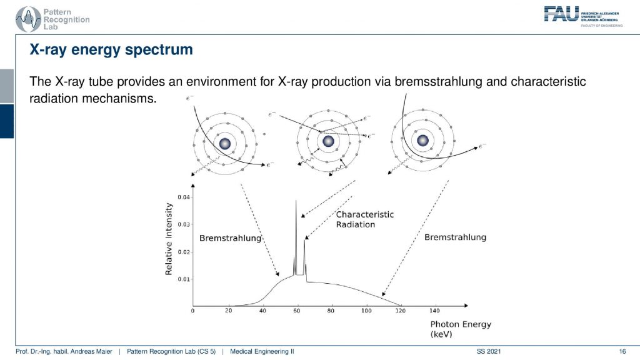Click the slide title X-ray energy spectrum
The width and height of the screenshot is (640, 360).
[x=111, y=50]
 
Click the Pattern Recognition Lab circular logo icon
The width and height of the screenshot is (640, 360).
[x=28, y=19]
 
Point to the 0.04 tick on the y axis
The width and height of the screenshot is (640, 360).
[x=192, y=197]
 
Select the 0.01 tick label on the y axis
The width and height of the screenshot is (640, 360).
[x=184, y=279]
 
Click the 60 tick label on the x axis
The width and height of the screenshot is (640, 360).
[x=297, y=311]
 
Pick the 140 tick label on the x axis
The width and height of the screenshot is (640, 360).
[x=435, y=311]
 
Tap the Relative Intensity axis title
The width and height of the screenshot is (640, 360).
[x=169, y=239]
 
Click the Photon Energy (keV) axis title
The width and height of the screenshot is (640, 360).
[x=461, y=329]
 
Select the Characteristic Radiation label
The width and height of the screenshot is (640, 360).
[x=364, y=219]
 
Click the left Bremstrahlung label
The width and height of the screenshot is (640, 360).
[x=230, y=238]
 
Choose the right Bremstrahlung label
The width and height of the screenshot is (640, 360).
[x=455, y=237]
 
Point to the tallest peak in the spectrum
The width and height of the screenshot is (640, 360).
[x=296, y=201]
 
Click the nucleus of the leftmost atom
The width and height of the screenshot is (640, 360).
[x=225, y=144]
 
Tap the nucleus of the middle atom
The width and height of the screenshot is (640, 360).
[x=329, y=141]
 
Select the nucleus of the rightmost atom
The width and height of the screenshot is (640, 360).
[x=422, y=141]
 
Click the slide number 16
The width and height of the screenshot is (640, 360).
[x=622, y=351]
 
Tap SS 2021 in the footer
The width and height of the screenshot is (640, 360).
[x=489, y=351]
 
